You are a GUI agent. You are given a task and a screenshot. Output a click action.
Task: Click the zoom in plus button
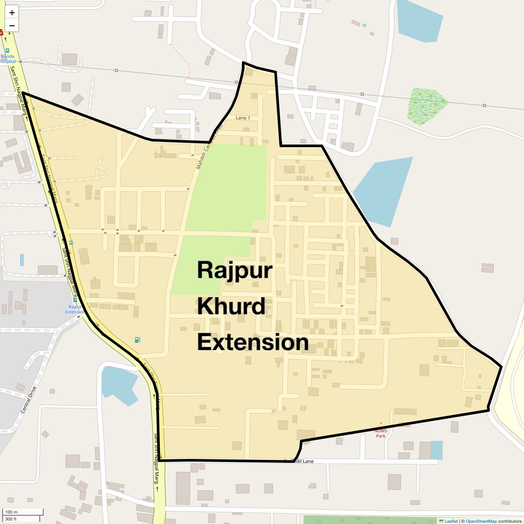12,13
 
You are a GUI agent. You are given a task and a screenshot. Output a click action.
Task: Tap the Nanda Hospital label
7,59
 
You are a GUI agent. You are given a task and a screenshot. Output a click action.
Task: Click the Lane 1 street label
243,118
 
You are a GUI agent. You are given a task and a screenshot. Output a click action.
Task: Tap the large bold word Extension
253,342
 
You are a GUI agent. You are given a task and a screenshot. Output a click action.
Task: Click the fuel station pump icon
137,340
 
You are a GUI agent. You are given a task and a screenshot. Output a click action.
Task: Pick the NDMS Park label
381,433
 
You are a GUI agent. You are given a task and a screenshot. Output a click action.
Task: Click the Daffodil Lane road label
299,461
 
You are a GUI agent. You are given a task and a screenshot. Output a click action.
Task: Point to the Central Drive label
28,400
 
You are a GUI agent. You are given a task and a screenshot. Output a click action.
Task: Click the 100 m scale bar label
11,512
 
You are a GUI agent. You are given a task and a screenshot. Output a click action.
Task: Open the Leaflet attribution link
451,521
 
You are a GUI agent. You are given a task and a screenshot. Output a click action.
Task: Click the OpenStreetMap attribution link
481,521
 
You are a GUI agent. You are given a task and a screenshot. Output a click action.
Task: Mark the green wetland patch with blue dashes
427,107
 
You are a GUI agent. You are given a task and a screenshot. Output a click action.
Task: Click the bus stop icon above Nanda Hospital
7,51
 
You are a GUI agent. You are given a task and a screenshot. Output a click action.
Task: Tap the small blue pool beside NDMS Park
436,450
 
